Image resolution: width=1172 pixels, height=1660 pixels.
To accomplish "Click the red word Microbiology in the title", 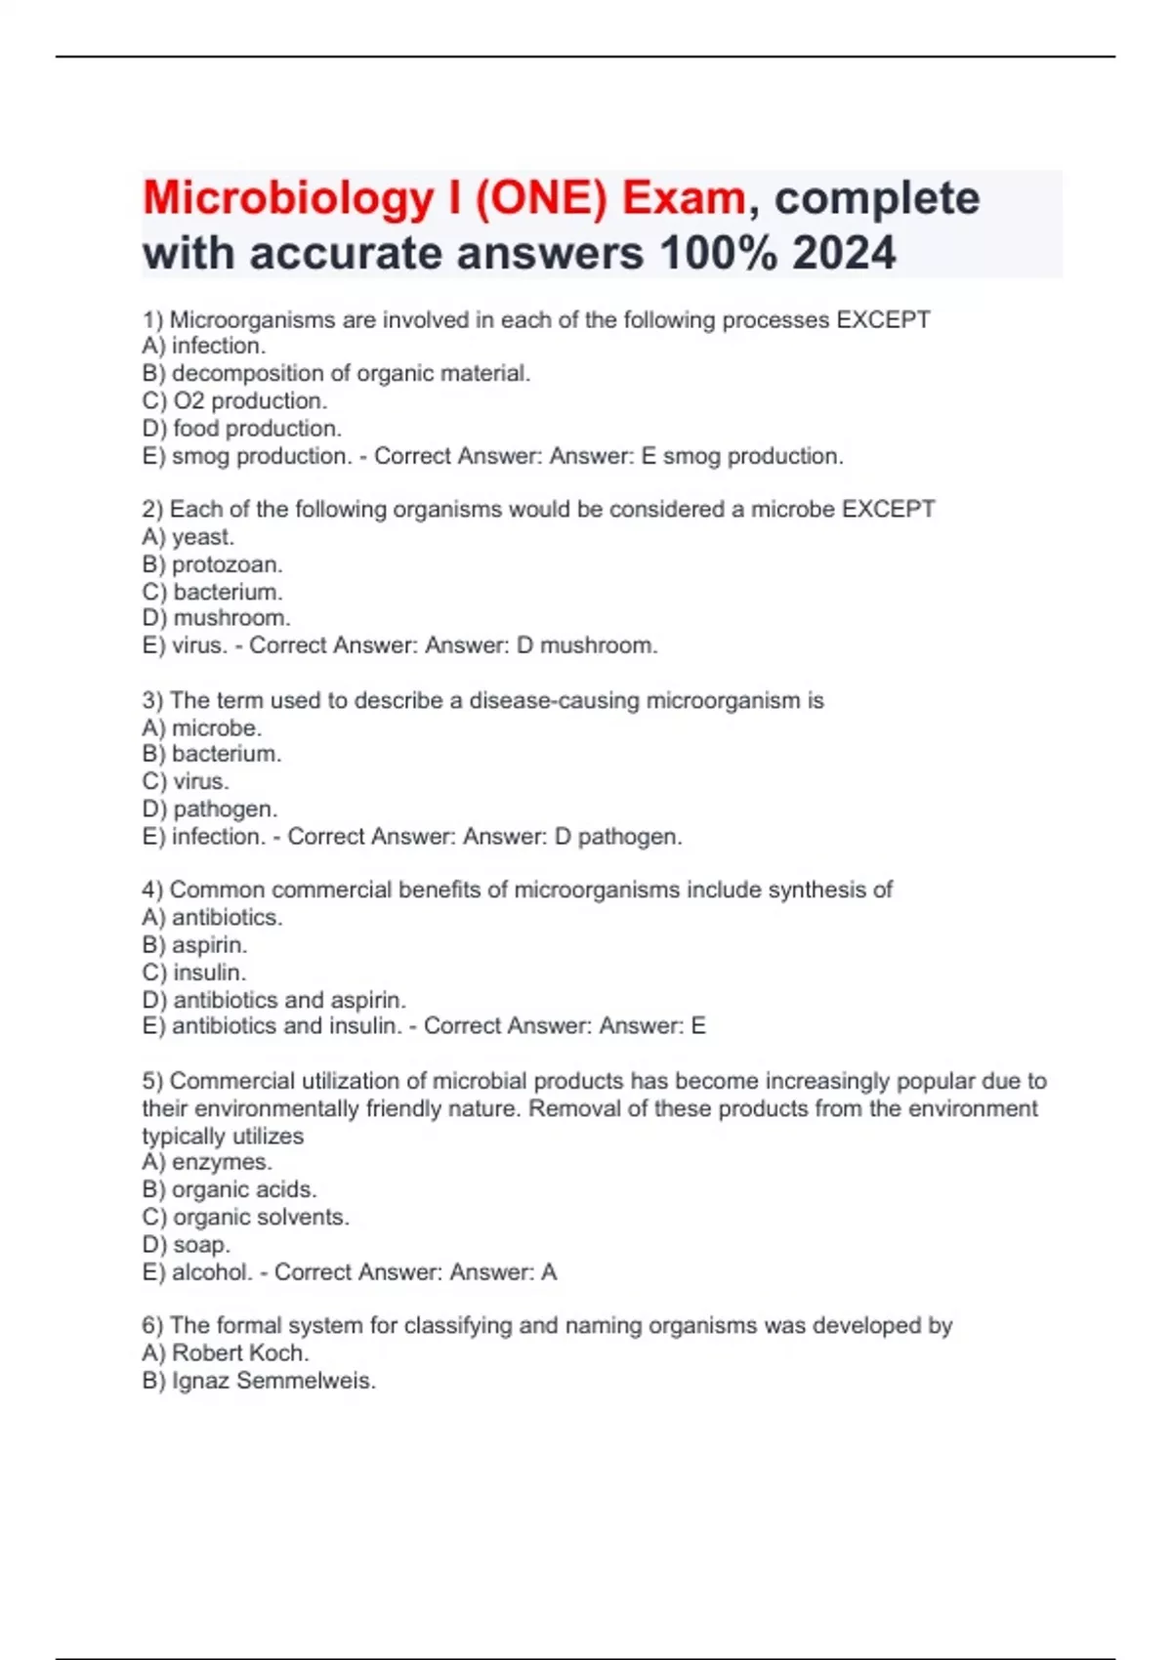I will click(288, 199).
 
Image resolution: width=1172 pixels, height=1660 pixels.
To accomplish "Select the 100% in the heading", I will click(718, 254).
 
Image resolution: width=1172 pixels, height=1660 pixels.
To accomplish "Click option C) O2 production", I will click(234, 400).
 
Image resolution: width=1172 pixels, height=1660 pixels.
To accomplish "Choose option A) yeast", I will click(188, 536).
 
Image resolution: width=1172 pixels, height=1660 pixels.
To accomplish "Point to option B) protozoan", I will click(212, 564).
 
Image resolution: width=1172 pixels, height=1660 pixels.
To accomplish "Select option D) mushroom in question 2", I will click(216, 618).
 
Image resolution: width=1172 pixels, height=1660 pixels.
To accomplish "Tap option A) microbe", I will click(202, 727).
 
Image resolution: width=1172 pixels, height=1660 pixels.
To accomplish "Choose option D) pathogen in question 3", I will click(210, 809).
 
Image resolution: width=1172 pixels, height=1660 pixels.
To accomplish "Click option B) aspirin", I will click(194, 944).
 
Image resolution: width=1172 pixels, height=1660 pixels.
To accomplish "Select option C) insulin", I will click(194, 972).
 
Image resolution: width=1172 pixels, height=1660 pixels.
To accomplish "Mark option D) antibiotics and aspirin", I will click(273, 1000).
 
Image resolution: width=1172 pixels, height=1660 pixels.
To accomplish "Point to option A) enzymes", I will click(207, 1162).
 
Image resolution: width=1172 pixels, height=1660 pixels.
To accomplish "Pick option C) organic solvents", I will click(245, 1217).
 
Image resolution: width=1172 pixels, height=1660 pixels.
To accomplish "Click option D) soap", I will click(187, 1244).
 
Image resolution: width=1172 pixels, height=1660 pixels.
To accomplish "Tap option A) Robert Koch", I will click(226, 1352).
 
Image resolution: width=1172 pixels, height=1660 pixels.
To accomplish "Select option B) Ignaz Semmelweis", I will click(259, 1380).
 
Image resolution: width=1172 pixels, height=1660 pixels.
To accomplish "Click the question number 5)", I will click(152, 1081).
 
